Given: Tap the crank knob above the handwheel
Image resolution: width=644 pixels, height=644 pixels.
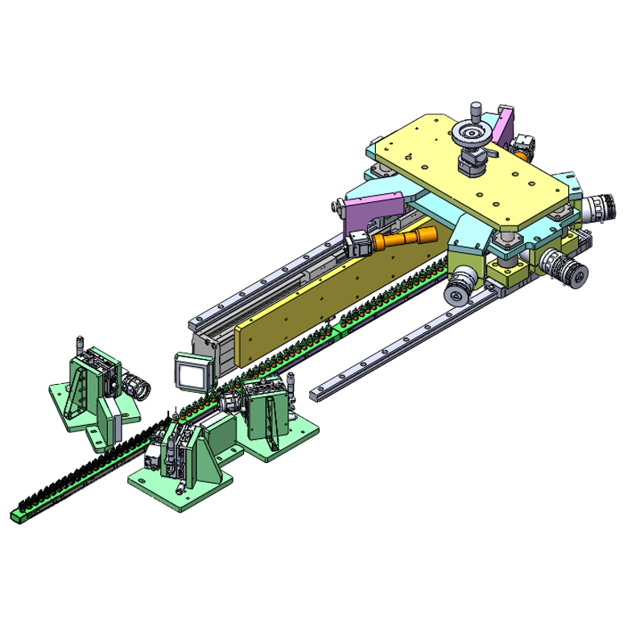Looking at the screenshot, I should coord(476,107).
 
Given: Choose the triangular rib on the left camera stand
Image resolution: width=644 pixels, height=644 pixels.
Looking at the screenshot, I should coord(81,394).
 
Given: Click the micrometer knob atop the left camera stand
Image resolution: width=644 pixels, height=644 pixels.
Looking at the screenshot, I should coord(80,341).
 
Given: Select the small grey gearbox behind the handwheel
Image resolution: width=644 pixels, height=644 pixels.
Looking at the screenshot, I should coord(526,144).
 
